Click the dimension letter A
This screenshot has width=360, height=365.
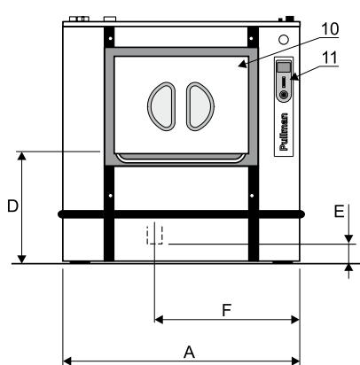pyautogui.click(x=189, y=352)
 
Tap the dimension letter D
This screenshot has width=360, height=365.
pyautogui.click(x=12, y=206)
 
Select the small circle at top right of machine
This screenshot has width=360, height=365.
pyautogui.click(x=282, y=40)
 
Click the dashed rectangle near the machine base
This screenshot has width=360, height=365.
pyautogui.click(x=156, y=233)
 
